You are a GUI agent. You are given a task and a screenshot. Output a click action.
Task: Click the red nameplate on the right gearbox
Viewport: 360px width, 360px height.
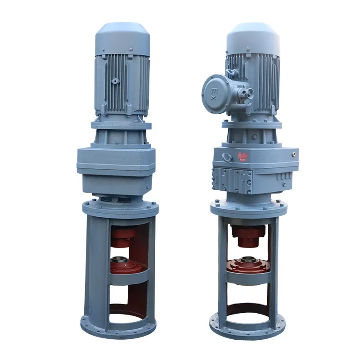tap(243, 156)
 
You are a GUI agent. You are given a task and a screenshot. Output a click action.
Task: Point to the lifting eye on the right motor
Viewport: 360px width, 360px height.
tap(233, 72)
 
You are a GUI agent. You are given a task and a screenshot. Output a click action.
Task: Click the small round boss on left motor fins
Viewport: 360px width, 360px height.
tap(115, 81)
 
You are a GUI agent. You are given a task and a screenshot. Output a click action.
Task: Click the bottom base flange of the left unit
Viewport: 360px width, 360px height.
tap(118, 328)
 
